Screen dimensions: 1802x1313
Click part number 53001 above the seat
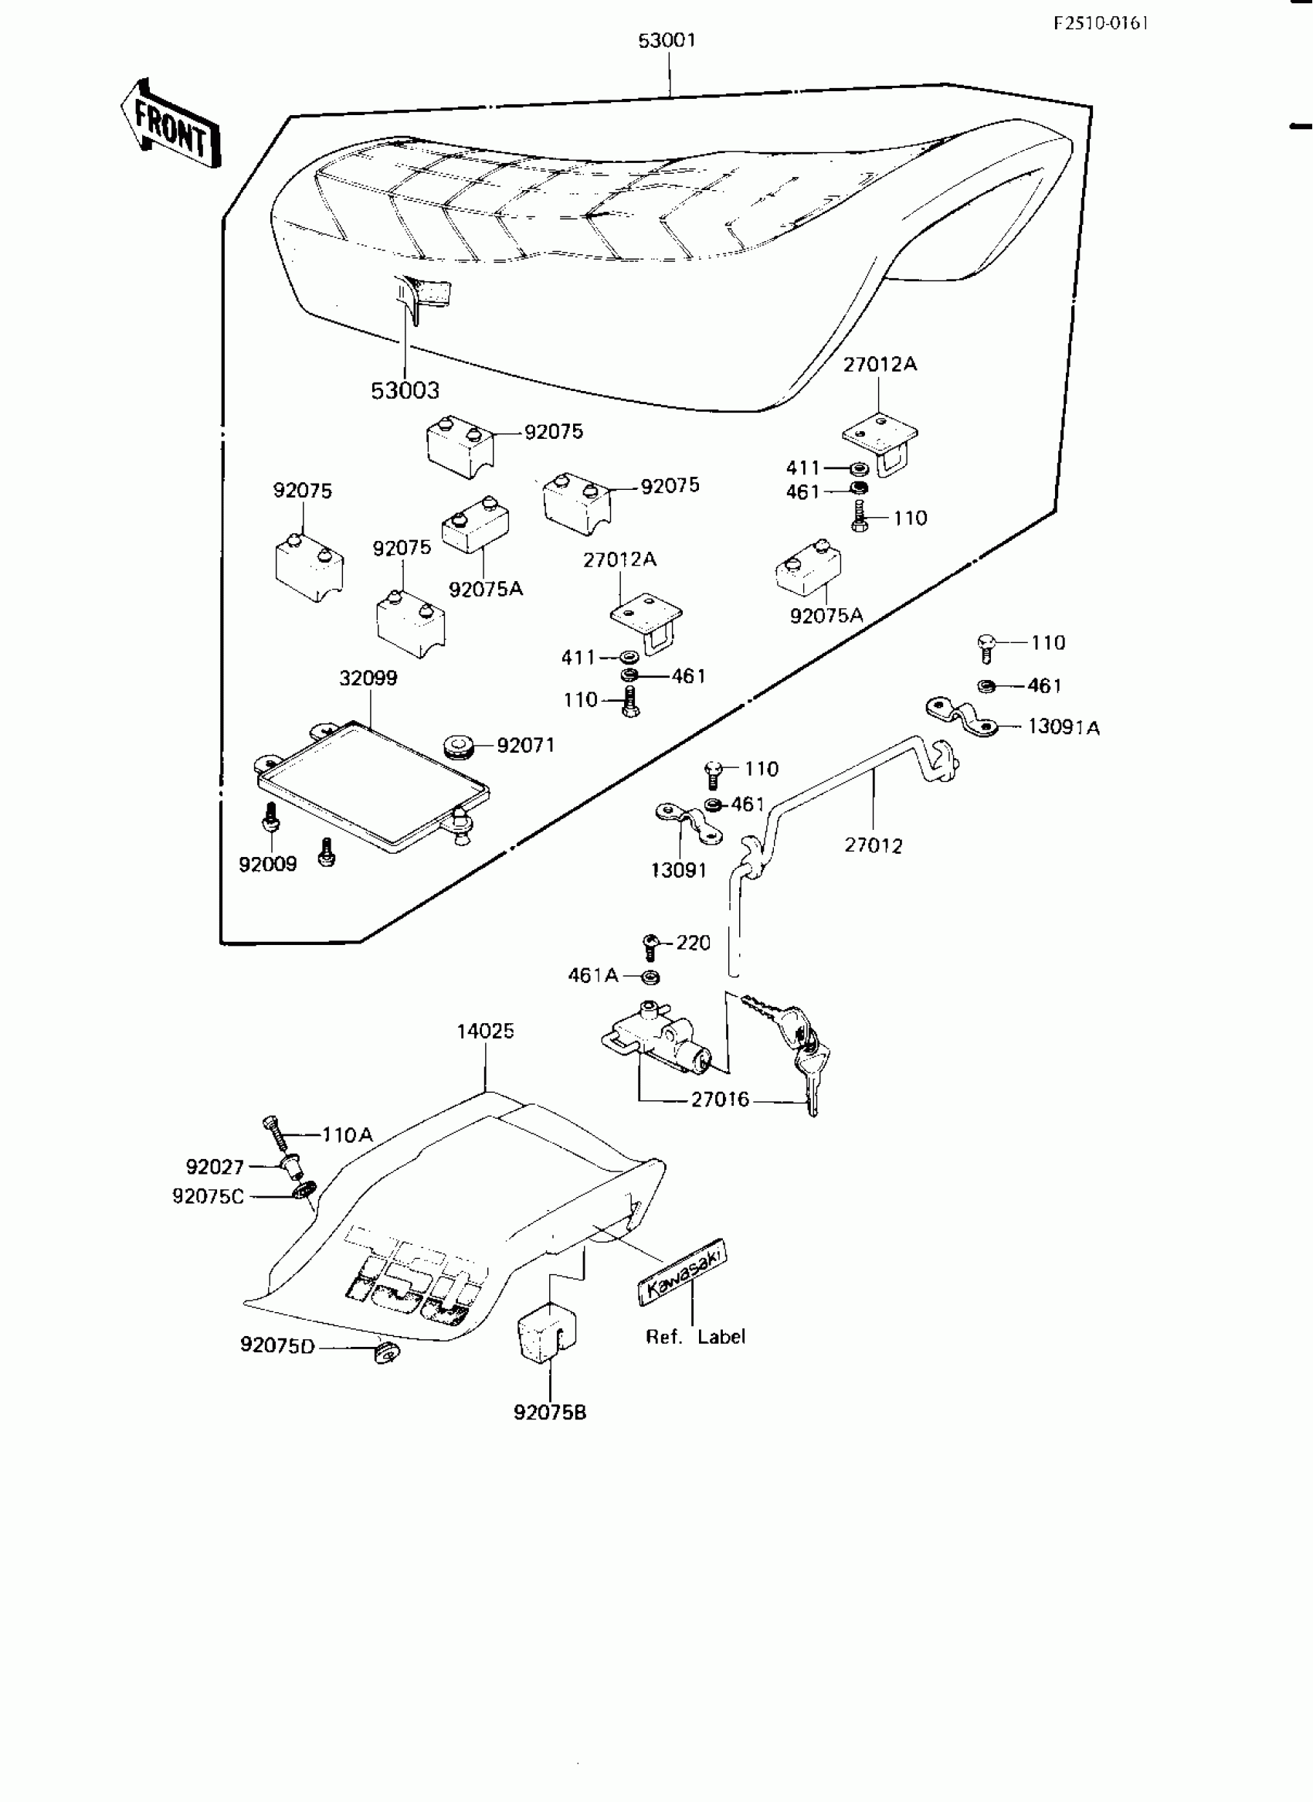667,40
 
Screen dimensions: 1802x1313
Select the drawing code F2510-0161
1101,23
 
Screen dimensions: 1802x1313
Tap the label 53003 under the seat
405,390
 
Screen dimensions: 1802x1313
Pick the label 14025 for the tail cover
485,1031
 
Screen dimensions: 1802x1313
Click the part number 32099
368,678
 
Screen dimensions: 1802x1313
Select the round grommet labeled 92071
458,746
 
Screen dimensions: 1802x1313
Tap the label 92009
268,864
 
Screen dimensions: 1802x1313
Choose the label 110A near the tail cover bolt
348,1135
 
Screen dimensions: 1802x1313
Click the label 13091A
1064,727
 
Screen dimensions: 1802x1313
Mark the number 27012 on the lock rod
874,845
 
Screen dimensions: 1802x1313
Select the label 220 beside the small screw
693,943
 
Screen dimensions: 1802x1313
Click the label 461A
593,975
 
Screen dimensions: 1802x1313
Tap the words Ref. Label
695,1337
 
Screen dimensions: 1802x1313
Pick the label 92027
215,1167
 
